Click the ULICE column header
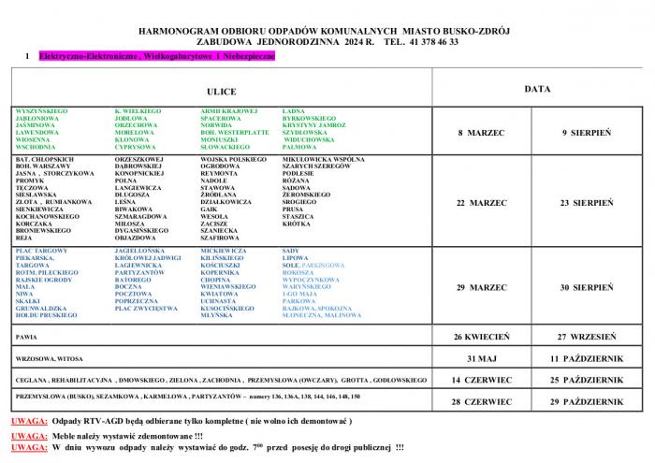(x=221, y=92)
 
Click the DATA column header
(x=537, y=89)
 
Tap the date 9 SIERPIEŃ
(x=587, y=133)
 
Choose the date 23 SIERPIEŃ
(x=587, y=202)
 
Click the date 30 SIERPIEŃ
(x=587, y=287)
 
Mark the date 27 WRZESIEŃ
(x=587, y=336)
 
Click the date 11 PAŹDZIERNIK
(x=587, y=358)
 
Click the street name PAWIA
(x=26, y=336)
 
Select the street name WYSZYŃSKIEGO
(x=40, y=111)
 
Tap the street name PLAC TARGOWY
(x=41, y=252)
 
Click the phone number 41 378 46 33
(x=429, y=42)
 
